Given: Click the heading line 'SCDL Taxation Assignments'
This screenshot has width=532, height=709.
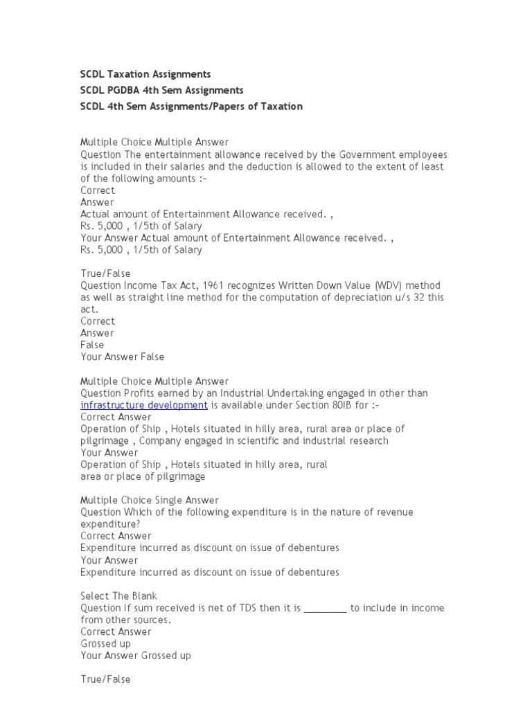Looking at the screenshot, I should [x=145, y=74].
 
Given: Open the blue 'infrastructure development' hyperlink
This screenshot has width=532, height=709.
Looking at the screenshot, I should [x=144, y=405].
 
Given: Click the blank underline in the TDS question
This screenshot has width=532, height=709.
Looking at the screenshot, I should [x=325, y=608].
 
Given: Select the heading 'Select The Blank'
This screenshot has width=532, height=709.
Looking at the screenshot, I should [x=118, y=595].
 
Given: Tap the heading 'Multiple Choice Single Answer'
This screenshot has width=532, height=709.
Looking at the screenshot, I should [x=150, y=500].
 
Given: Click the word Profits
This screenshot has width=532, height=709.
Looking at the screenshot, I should [x=140, y=393].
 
